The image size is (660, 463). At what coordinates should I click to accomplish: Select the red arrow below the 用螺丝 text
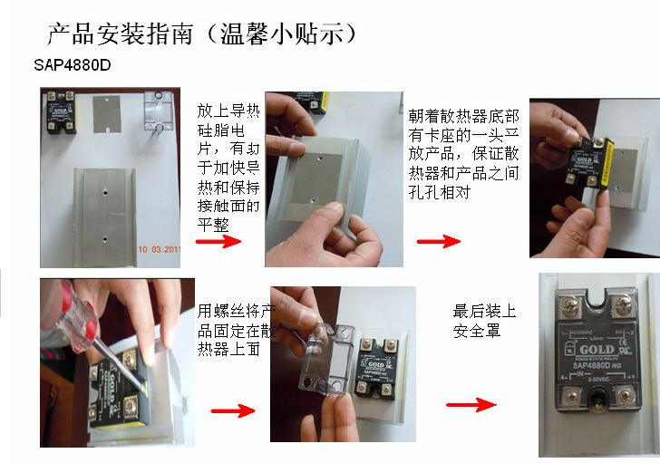(x=232, y=410)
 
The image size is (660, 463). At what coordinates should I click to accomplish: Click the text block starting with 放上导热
(x=228, y=167)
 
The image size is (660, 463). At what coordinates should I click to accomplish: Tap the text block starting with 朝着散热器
(x=463, y=154)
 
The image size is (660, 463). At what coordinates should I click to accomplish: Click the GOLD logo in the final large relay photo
(x=597, y=350)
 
